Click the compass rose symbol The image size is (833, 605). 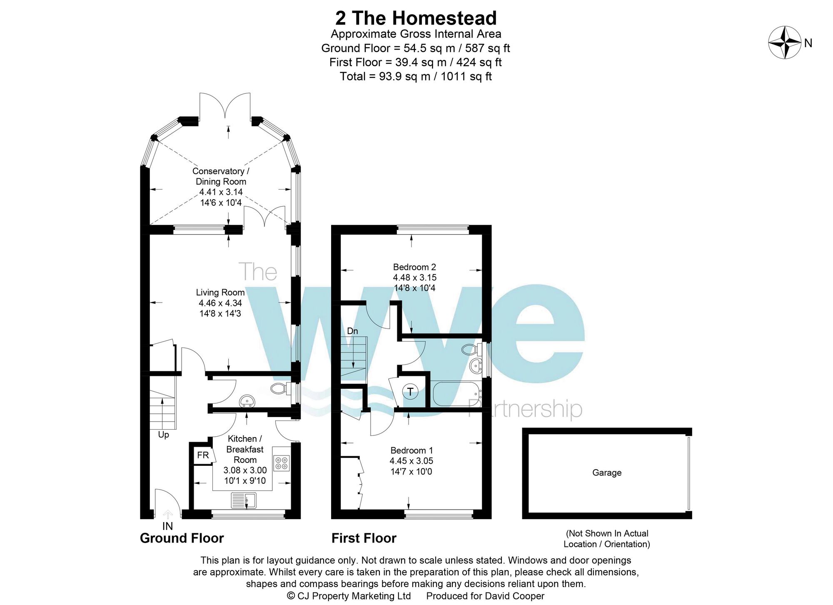click(x=785, y=42)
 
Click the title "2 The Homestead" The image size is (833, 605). click(x=416, y=18)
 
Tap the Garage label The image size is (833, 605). click(x=607, y=472)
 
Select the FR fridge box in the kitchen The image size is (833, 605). click(x=203, y=455)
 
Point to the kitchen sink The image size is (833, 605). click(x=244, y=500)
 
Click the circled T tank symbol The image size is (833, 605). click(x=410, y=391)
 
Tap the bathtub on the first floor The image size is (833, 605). click(x=456, y=394)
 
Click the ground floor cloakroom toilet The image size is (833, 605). click(x=279, y=389)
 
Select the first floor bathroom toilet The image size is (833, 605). click(x=470, y=349)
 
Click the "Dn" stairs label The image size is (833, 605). click(x=352, y=331)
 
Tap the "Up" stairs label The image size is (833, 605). click(x=163, y=435)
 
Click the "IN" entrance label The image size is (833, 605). click(x=167, y=526)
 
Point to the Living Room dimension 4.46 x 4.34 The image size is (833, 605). click(x=220, y=303)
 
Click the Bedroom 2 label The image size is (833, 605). click(x=414, y=267)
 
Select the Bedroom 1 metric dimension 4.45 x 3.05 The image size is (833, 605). click(x=411, y=461)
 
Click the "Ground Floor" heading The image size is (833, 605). click(x=182, y=538)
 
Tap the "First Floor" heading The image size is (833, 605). click(x=364, y=538)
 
